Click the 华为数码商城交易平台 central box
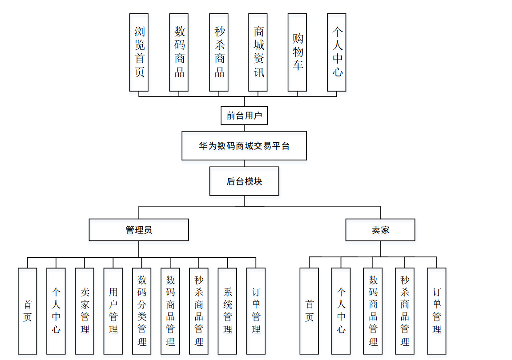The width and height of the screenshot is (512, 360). (244, 145)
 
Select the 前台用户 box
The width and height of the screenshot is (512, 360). (244, 116)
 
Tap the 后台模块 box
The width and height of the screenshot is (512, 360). (244, 181)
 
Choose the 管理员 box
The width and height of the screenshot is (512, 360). (139, 230)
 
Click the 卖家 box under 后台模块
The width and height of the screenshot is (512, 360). (380, 230)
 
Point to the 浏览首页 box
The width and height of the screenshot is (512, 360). (139, 52)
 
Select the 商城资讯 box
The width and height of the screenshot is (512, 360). (258, 52)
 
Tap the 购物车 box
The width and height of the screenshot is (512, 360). (297, 52)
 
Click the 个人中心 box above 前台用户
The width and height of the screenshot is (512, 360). (336, 52)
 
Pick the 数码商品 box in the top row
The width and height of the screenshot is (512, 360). (179, 52)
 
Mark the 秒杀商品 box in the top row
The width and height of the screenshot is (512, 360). (219, 52)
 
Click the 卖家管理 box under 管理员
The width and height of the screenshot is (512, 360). (85, 311)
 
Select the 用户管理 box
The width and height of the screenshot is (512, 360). (113, 311)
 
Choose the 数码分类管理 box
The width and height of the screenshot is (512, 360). (141, 311)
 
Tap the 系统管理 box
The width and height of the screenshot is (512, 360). (227, 311)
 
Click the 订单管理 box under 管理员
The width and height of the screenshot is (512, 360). (256, 311)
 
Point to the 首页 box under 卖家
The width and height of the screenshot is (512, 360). (309, 311)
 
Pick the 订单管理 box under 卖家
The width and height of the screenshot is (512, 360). (436, 311)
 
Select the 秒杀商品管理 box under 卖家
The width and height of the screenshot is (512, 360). (404, 311)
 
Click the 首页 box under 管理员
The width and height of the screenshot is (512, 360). (27, 311)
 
